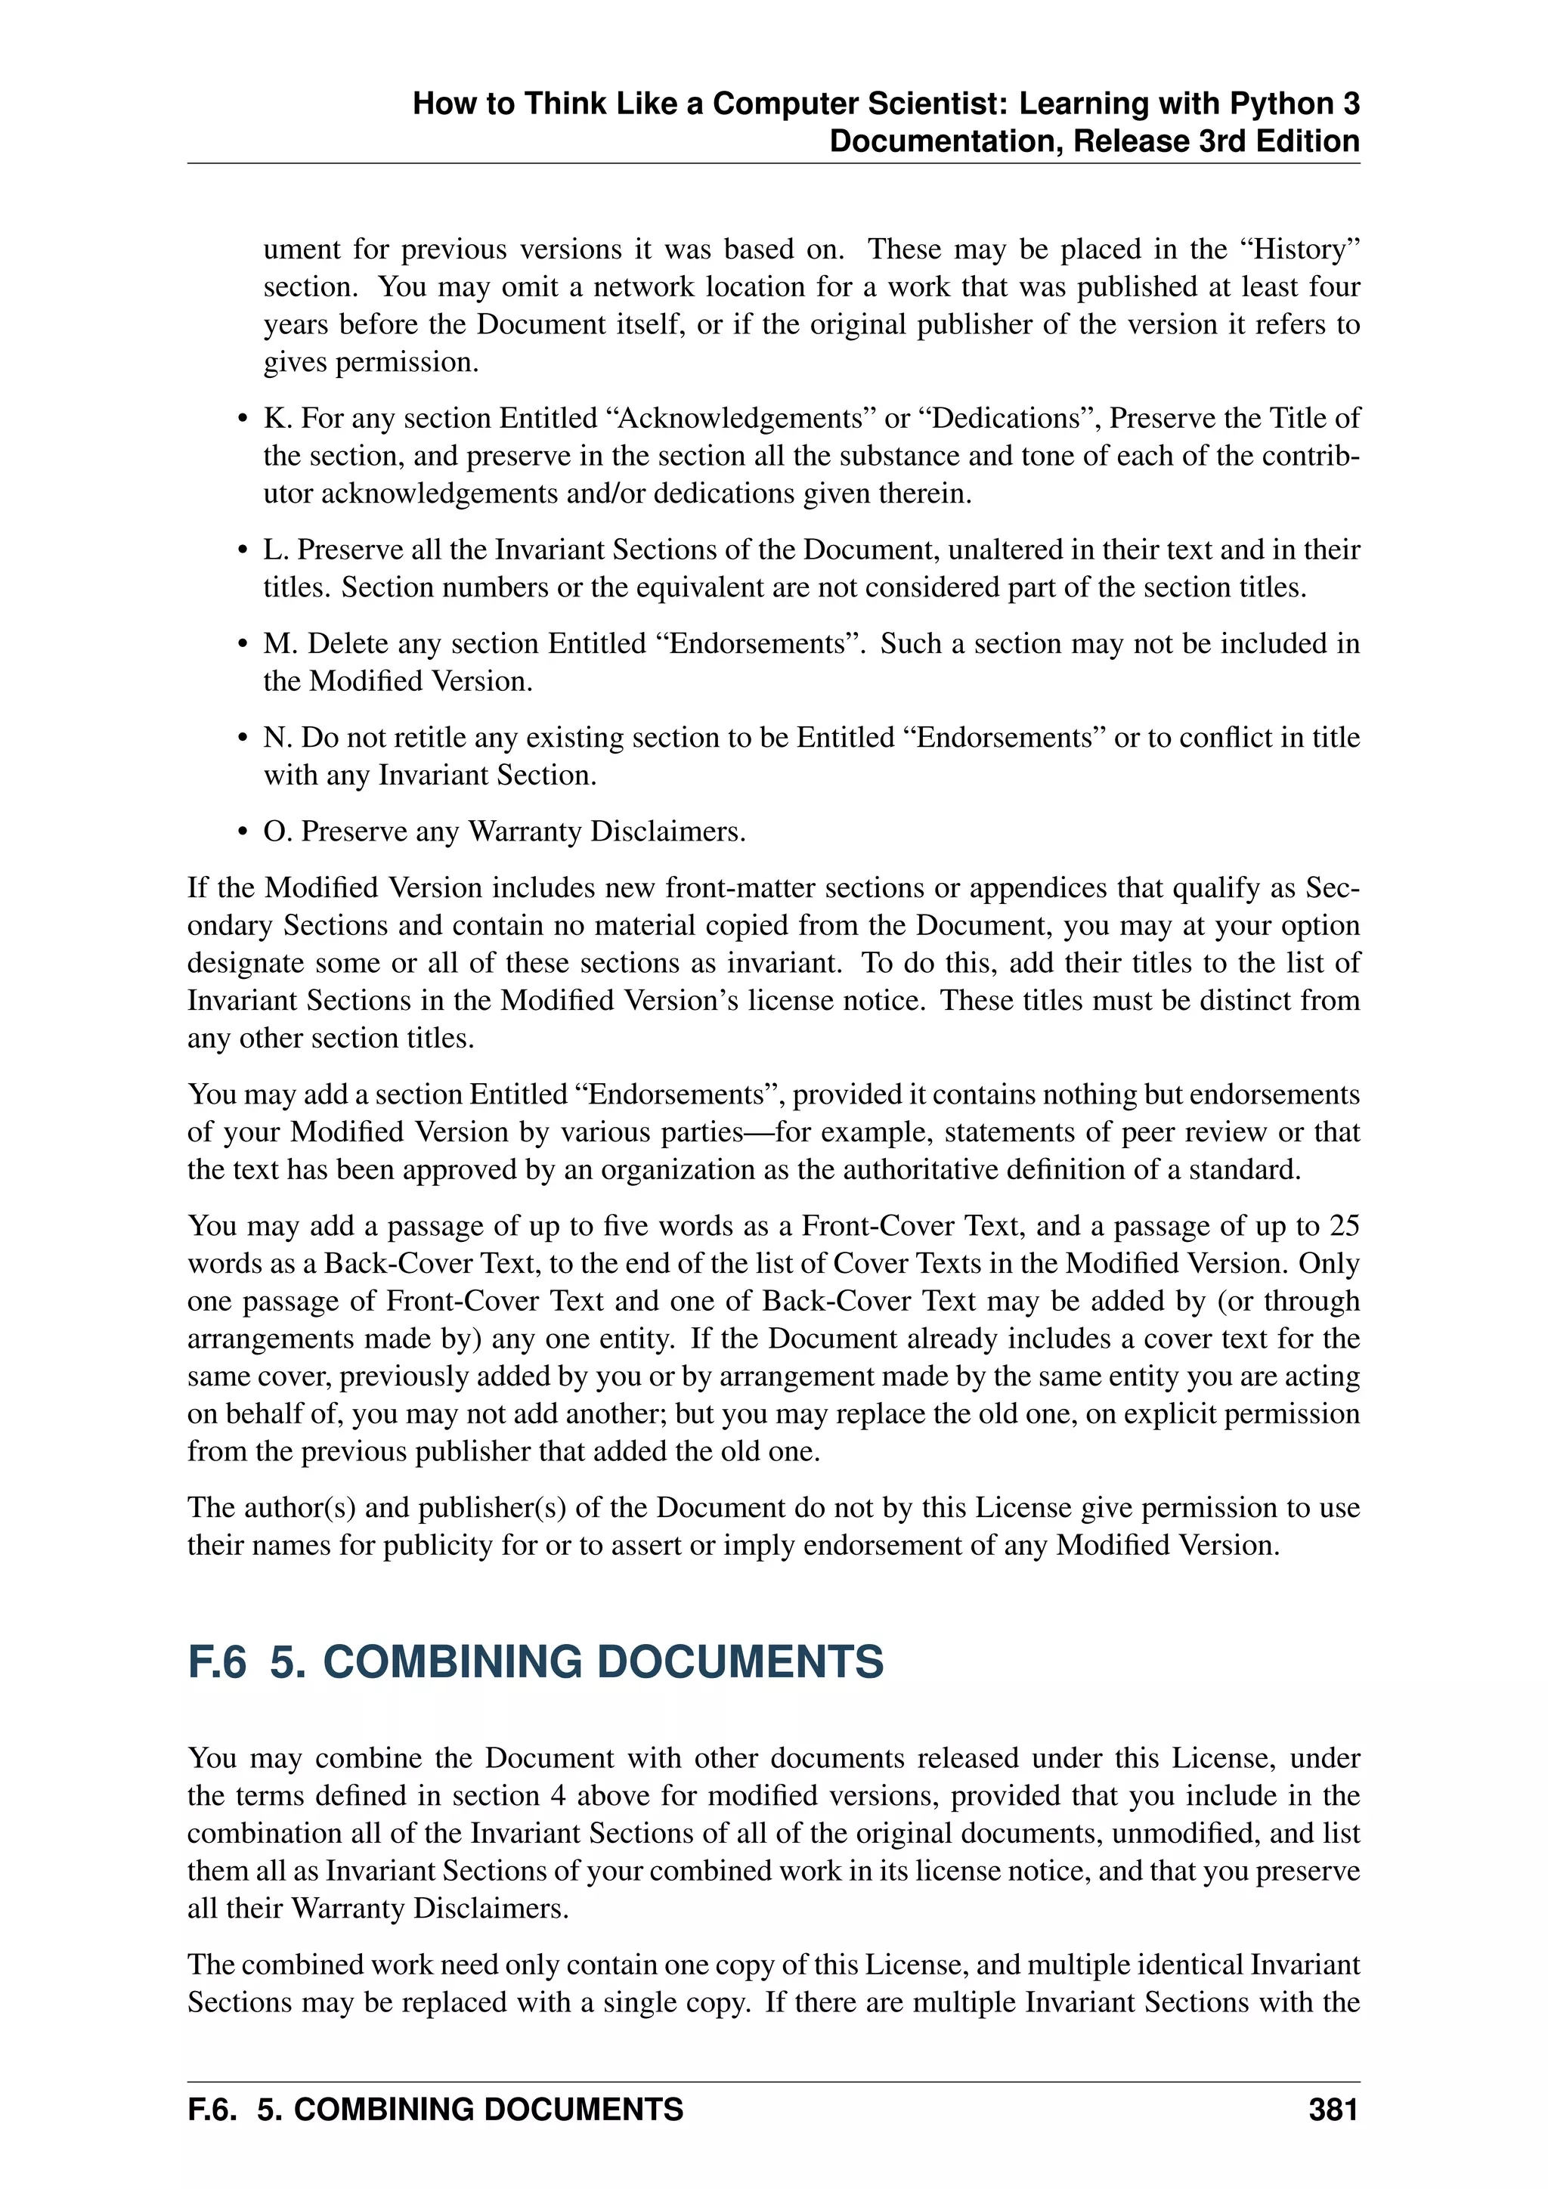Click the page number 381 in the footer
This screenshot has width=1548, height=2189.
pos(1333,2109)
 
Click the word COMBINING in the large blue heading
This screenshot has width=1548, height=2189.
pos(452,1661)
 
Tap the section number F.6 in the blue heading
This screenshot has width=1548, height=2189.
pos(218,1661)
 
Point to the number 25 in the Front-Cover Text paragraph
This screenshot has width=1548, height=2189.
pos(1343,1225)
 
